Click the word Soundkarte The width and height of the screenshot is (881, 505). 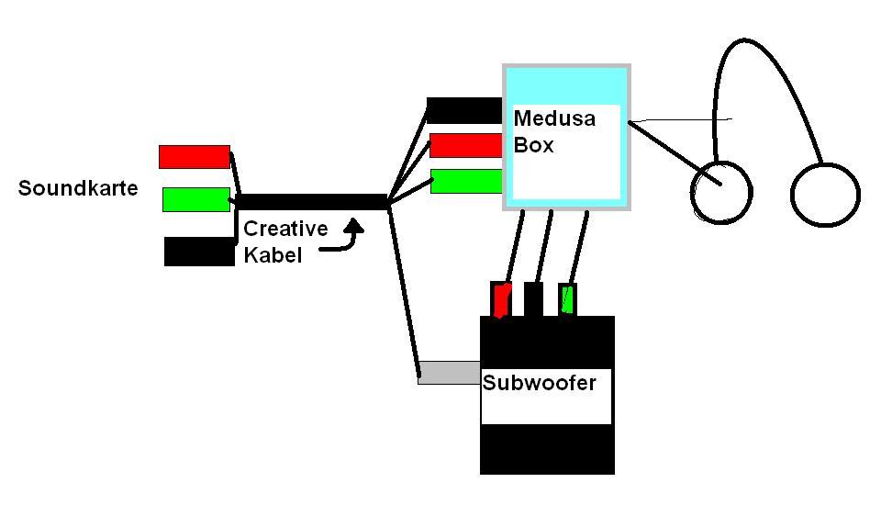tap(78, 189)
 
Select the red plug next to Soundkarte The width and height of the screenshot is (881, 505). tap(194, 157)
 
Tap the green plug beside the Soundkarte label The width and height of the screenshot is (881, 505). tap(195, 199)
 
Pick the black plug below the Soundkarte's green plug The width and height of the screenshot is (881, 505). tap(198, 252)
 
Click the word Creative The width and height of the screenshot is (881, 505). tap(285, 230)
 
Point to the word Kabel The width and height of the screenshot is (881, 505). tap(273, 255)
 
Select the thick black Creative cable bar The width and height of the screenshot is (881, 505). tap(312, 202)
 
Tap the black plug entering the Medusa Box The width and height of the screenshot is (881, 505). tap(464, 110)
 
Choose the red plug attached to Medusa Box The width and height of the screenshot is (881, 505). tap(466, 145)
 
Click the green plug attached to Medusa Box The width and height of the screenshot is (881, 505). tap(466, 181)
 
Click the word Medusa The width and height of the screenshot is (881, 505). tap(554, 118)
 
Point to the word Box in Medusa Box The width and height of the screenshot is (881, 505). tap(533, 145)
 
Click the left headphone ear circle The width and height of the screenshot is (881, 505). tap(721, 193)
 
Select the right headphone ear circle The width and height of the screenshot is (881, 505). tap(825, 195)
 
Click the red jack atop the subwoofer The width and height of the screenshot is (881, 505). tap(501, 299)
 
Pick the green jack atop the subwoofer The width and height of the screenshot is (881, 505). tap(567, 299)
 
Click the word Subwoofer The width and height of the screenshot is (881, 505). tap(539, 382)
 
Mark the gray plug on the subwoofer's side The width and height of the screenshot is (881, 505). tap(449, 373)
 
